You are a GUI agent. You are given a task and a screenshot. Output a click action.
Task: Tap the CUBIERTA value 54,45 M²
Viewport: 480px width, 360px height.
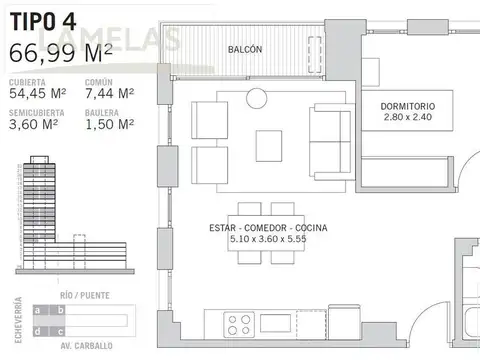pyautogui.click(x=36, y=93)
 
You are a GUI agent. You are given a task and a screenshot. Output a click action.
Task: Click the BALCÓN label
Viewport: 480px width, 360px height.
pyautogui.click(x=244, y=49)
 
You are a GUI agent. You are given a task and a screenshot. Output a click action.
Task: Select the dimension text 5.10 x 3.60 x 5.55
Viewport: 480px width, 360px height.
pyautogui.click(x=267, y=240)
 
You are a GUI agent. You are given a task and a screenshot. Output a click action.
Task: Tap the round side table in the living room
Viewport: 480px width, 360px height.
pyautogui.click(x=258, y=97)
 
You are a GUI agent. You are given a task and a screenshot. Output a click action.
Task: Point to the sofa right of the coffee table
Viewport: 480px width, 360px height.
pyautogui.click(x=330, y=145)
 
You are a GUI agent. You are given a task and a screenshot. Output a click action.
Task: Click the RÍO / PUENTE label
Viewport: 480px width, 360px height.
pyautogui.click(x=84, y=297)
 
